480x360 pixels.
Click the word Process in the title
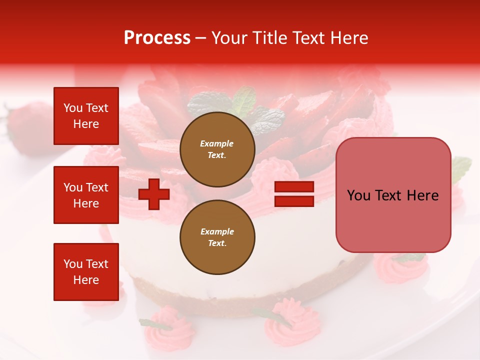[157, 38]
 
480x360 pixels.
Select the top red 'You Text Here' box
[86, 116]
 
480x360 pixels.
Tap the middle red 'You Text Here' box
[86, 195]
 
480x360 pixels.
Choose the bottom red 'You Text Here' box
[86, 272]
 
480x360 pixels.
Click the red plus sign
[154, 194]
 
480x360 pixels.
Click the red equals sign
[294, 194]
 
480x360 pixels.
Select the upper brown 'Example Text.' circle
[217, 149]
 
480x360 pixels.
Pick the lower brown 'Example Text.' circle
[217, 237]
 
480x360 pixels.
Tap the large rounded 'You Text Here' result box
[393, 195]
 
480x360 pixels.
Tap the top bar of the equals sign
[294, 187]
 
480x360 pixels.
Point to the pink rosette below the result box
[400, 267]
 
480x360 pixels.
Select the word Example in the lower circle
[217, 231]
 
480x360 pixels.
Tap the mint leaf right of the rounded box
[461, 167]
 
